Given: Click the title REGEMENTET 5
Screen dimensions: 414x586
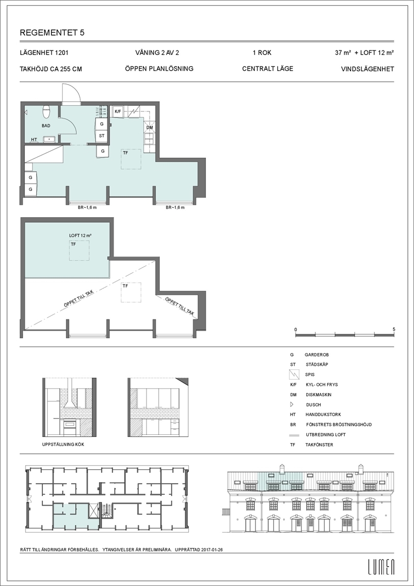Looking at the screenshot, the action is [x=52, y=33].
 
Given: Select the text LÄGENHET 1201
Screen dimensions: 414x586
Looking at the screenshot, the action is [x=44, y=53].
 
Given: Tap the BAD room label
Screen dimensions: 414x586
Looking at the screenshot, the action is [x=46, y=126].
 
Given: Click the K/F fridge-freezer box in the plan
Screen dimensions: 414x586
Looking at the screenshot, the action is [x=117, y=111].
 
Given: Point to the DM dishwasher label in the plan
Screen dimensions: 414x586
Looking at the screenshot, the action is [x=150, y=128].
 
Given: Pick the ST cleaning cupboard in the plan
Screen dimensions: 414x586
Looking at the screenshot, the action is [x=102, y=136].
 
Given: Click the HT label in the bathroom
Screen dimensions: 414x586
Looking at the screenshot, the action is [x=34, y=139].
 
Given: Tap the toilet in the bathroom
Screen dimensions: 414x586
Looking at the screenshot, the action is [x=46, y=111].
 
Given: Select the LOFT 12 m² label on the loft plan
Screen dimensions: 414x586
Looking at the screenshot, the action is [x=80, y=236].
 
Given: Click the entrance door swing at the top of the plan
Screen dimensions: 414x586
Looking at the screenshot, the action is [x=71, y=94].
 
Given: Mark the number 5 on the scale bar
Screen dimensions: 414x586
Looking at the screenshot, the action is [x=394, y=329].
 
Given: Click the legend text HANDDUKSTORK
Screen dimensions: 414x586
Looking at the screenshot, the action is [x=323, y=415].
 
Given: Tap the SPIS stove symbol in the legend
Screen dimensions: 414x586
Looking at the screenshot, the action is [x=294, y=374].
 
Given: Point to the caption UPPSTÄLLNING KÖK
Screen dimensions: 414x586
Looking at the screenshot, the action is [x=63, y=445].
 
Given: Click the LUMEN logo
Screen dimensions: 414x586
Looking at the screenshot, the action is [x=381, y=567].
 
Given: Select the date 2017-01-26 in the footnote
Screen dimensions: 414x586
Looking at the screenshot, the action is [x=212, y=550].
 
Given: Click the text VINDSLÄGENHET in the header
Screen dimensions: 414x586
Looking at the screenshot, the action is [x=368, y=69].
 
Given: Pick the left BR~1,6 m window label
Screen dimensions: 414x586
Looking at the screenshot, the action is [x=87, y=208].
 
